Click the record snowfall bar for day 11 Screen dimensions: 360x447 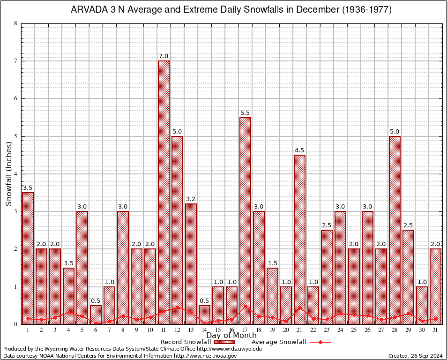164,192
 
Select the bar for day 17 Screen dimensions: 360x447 245,220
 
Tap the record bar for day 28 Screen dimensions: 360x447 395,230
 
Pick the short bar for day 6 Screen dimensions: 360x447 96,315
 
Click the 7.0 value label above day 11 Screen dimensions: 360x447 164,56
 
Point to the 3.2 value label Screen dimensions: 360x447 191,199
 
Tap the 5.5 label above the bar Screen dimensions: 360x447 245,113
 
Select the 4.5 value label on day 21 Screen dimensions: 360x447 299,150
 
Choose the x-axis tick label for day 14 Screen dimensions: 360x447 204,330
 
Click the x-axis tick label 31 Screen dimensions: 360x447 435,330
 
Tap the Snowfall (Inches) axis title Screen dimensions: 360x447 9,174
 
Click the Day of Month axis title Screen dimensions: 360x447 231,336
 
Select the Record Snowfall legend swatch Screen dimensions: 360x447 225,342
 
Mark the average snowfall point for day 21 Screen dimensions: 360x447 299,308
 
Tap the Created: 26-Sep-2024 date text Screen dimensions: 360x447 416,356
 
